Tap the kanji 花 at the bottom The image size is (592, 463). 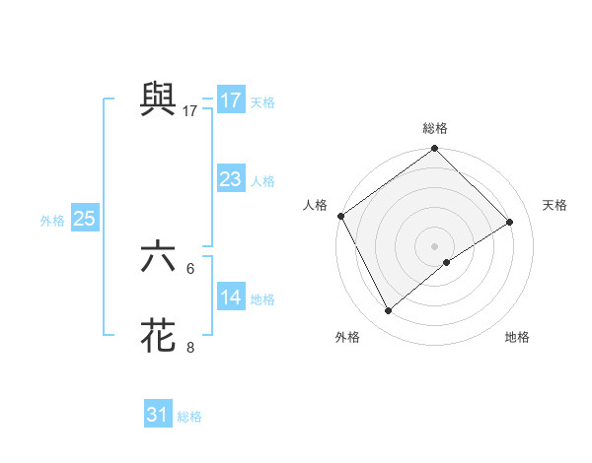pos(158,335)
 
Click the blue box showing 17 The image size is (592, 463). pos(231,100)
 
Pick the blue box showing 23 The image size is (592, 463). pos(231,179)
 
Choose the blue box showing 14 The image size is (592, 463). pos(231,298)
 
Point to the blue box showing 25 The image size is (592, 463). pos(84,219)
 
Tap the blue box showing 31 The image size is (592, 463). pos(158,415)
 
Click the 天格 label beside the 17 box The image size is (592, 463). pos(262,101)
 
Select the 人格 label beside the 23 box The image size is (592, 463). pos(262,180)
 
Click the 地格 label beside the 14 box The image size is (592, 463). pos(262,298)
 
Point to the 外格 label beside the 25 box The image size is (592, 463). pos(52,221)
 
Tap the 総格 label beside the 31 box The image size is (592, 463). pos(189,417)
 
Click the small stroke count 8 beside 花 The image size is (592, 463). pos(190,347)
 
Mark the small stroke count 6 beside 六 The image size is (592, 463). pos(190,268)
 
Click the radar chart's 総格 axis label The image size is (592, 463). pos(435,128)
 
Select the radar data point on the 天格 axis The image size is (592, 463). pos(510,222)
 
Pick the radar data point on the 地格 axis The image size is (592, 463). pos(447,262)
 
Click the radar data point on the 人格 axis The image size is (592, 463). pos(340,216)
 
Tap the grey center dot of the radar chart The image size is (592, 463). pos(435,245)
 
